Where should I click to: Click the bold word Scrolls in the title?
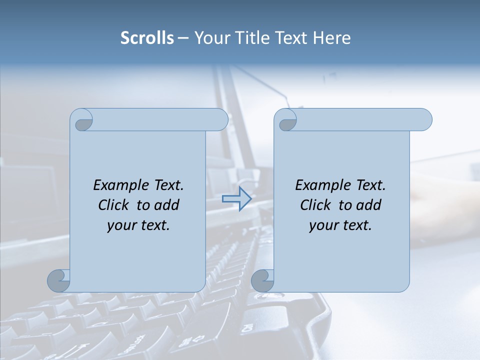click(147, 38)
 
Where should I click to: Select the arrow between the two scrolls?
click(236, 199)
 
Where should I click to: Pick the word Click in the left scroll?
click(114, 205)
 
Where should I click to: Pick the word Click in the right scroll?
click(316, 205)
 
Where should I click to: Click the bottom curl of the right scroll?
click(262, 280)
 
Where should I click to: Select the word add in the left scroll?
click(166, 205)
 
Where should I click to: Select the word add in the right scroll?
click(368, 205)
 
